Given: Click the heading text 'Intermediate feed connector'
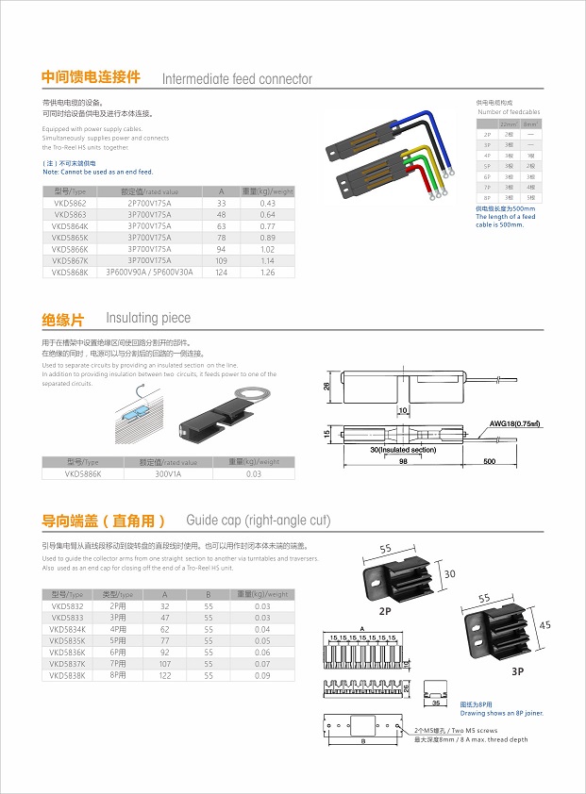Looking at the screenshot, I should (237, 79).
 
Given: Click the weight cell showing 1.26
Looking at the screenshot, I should (267, 273).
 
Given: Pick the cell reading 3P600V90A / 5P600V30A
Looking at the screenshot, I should (149, 273).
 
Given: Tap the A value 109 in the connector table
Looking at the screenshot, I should (221, 260).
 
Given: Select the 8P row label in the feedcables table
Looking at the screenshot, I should (486, 197).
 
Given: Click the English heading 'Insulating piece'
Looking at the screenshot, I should (148, 319).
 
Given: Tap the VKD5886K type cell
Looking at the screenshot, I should (82, 474).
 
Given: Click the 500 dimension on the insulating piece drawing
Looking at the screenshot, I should (490, 461).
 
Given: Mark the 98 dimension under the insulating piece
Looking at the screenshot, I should (402, 461).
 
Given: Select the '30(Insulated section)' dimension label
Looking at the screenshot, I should (403, 450).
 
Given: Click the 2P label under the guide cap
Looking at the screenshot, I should (386, 610).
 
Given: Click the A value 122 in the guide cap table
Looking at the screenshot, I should (165, 675).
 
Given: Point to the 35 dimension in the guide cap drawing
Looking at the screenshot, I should (435, 703).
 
